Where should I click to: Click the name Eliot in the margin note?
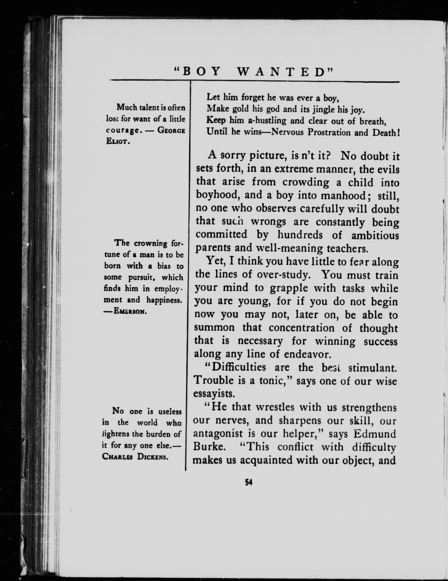click(x=118, y=141)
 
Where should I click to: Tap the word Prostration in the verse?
click(x=329, y=132)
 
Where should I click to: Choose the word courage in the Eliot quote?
click(x=123, y=130)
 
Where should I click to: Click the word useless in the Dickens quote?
click(x=170, y=412)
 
